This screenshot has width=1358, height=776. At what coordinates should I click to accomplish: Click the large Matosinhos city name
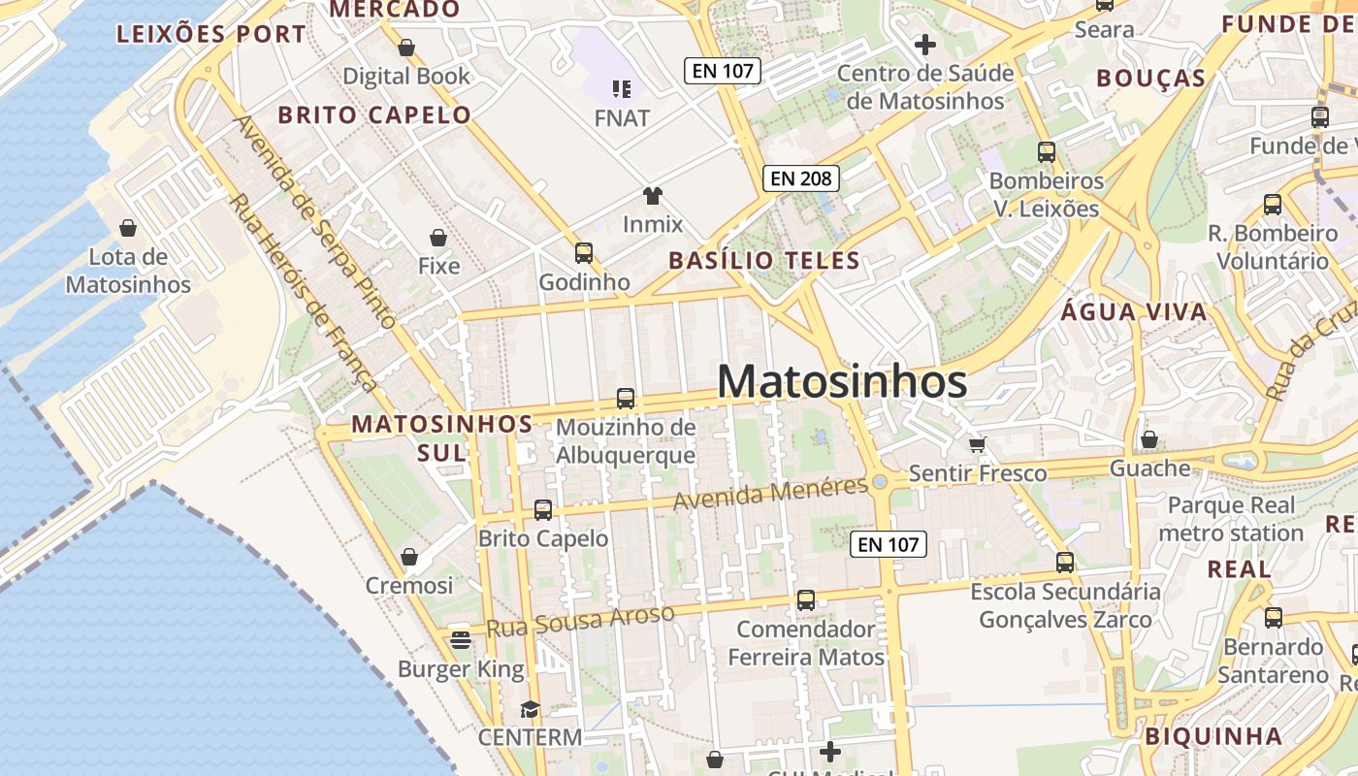(842, 381)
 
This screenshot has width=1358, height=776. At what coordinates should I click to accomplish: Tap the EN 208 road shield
(800, 178)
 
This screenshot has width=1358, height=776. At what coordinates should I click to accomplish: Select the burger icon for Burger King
(461, 639)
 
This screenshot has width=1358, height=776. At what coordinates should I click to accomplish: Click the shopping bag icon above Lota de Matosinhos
(128, 228)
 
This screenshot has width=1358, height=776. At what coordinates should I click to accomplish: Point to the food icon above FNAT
(622, 89)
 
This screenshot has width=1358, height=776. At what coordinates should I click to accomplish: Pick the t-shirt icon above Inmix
(653, 196)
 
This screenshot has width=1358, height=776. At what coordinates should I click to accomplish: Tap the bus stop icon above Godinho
(584, 253)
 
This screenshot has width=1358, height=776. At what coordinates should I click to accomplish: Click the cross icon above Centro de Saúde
(925, 44)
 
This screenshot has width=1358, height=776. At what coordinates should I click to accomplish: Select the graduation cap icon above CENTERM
(530, 709)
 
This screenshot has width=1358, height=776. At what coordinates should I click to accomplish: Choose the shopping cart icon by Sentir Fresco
(978, 444)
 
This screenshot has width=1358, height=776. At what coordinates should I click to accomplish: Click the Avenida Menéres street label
(770, 494)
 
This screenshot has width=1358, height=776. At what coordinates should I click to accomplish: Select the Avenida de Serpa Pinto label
(315, 223)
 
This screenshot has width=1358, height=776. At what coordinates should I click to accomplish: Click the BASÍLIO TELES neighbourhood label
(764, 260)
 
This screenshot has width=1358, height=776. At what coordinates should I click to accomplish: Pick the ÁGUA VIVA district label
(1134, 311)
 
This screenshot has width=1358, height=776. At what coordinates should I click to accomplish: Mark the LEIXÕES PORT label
(211, 34)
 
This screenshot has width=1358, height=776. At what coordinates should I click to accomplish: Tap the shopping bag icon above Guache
(1149, 440)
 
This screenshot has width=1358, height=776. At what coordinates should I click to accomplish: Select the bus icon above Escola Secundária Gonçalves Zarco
(1065, 563)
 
